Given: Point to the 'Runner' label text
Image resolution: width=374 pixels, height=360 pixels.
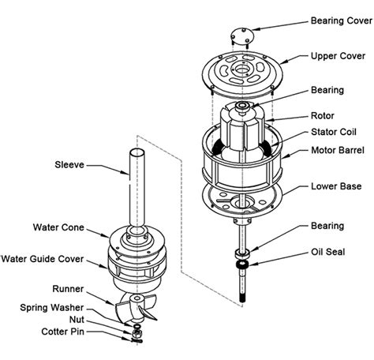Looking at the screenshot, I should (68, 289).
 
